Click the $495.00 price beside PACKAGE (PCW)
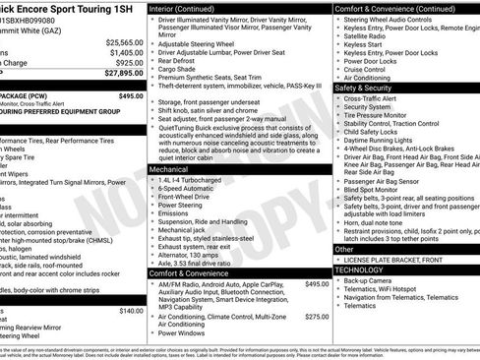click(130, 96)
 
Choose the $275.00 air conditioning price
click(316, 317)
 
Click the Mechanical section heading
click(169, 170)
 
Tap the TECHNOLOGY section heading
click(360, 269)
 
